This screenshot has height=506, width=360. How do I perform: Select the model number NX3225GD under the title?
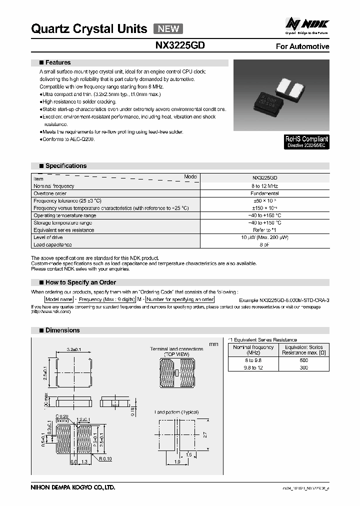pyautogui.click(x=180, y=45)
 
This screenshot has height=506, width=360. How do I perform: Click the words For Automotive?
pyautogui.click(x=302, y=46)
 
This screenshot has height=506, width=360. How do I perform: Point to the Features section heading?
pyautogui.click(x=58, y=62)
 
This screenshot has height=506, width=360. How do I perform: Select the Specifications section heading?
pyautogui.click(x=65, y=165)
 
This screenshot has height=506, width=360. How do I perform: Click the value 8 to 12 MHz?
pyautogui.click(x=264, y=186)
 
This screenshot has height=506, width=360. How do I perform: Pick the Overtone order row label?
pyautogui.click(x=50, y=193)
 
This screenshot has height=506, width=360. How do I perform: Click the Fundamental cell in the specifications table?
pyautogui.click(x=264, y=193)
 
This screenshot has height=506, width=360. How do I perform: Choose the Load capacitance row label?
pyautogui.click(x=52, y=244)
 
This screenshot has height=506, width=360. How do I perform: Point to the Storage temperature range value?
pyautogui.click(x=264, y=222)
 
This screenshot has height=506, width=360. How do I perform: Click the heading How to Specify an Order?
pyautogui.click(x=80, y=282)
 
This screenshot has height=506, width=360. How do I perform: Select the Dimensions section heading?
pyautogui.click(x=62, y=330)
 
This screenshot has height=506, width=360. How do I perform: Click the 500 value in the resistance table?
pyautogui.click(x=303, y=360)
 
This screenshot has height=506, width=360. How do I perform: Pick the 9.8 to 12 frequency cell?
pyautogui.click(x=253, y=367)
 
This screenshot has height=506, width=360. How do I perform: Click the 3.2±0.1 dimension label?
pyautogui.click(x=74, y=350)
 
